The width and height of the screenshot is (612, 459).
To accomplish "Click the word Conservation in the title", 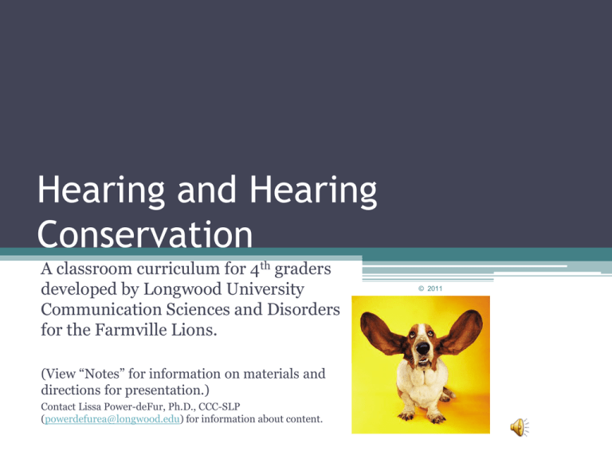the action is tap(145, 233).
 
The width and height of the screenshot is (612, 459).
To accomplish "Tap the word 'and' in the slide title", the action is tap(207, 190).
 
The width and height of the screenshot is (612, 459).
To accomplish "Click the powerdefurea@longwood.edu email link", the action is tap(112, 419).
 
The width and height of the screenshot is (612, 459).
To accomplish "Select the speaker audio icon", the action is tap(520, 427).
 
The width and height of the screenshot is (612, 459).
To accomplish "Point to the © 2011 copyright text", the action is tap(430, 288).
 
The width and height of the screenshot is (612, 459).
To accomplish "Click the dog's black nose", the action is tap(422, 347).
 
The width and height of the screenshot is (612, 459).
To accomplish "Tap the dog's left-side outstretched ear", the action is tap(380, 333).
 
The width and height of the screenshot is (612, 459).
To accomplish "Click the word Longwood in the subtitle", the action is tap(183, 289).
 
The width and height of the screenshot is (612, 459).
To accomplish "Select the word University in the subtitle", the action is tap(265, 289).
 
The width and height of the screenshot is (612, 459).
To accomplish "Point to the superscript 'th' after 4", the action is tap(265, 265).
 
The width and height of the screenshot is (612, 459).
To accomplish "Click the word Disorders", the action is tap(304, 309).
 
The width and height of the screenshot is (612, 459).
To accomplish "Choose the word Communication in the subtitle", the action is tap(101, 309).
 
